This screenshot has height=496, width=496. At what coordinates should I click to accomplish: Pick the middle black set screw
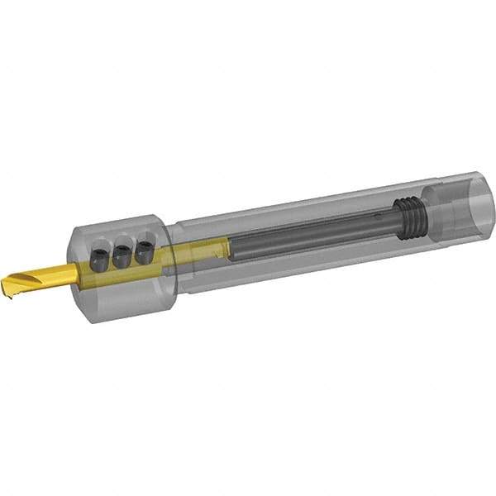122,255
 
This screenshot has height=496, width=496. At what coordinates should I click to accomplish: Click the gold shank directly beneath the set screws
124,274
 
